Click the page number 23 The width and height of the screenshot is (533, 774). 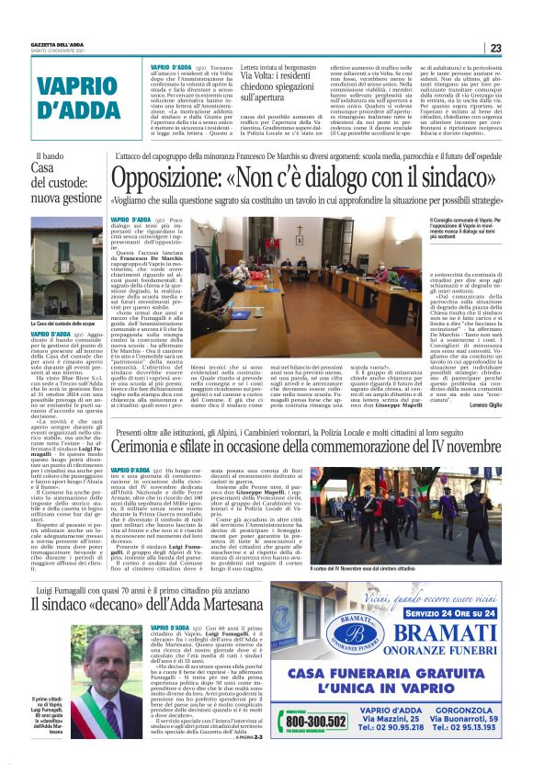495,48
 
